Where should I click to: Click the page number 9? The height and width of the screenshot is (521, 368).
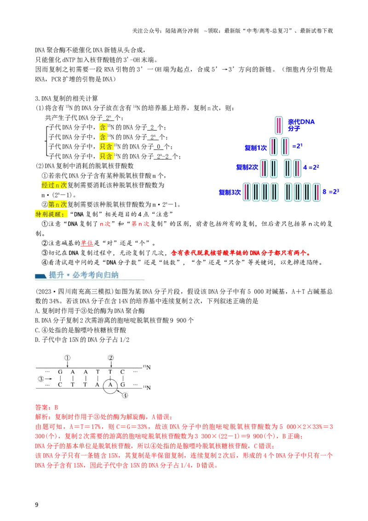[x=36, y=505]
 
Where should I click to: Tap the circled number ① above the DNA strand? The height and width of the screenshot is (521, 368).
[x=68, y=358]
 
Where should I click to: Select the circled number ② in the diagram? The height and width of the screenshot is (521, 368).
[x=111, y=358]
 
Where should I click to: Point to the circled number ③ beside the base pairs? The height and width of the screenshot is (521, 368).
[x=41, y=379]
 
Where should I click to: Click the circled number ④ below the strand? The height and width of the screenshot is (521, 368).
[x=125, y=395]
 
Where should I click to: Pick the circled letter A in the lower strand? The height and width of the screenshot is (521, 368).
[x=110, y=385]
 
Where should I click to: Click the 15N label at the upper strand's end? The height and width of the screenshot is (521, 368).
[x=147, y=367]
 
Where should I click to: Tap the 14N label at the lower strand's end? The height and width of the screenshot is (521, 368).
[x=147, y=388]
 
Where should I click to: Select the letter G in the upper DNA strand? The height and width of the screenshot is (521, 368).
[x=60, y=372]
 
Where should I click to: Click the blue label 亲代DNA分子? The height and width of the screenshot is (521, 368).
[x=301, y=125]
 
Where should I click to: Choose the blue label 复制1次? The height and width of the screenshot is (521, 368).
[x=255, y=148]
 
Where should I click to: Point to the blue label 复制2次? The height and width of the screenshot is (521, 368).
[x=247, y=167]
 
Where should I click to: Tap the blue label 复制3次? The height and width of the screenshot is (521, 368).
[x=230, y=192]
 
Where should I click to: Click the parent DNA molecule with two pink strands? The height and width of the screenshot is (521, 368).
[x=279, y=125]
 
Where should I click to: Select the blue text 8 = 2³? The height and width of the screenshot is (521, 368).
[x=331, y=192]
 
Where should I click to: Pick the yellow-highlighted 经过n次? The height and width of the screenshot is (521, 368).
[x=54, y=185]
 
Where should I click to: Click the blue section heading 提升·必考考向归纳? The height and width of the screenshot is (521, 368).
[x=83, y=275]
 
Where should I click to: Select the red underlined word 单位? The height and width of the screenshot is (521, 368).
[x=86, y=243]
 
